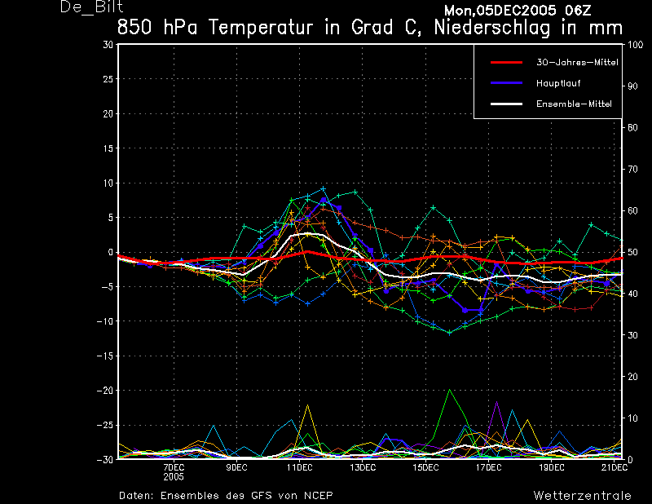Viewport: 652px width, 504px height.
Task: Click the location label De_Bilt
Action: click(91, 7)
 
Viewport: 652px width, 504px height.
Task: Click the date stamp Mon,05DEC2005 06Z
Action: click(518, 10)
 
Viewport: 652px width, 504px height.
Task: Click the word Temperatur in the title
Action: click(260, 28)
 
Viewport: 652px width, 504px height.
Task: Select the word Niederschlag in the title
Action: click(492, 29)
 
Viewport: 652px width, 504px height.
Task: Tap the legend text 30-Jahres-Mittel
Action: click(577, 62)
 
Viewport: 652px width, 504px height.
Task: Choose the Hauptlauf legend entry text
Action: click(558, 83)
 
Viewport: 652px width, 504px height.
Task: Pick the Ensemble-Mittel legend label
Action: click(574, 104)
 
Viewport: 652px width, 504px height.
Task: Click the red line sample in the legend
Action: click(506, 63)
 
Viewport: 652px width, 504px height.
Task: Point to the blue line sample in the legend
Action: click(506, 83)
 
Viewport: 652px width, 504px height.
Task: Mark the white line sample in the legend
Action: click(506, 104)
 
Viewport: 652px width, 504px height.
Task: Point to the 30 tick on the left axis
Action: click(108, 44)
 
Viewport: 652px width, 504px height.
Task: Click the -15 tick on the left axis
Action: click(105, 356)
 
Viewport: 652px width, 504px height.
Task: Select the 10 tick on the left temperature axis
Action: click(108, 183)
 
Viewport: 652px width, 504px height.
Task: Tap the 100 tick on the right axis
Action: click(636, 45)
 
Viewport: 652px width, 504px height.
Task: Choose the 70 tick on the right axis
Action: click(632, 169)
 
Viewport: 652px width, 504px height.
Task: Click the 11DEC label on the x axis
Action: click(299, 467)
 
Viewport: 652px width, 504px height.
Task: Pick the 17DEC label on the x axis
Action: click(488, 467)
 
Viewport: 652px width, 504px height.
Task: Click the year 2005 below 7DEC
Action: click(174, 476)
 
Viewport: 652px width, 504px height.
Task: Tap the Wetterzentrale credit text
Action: click(582, 495)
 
